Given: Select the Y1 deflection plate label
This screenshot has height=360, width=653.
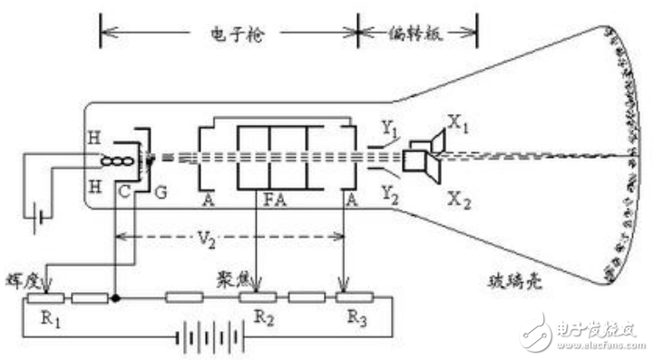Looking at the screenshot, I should click(390, 131).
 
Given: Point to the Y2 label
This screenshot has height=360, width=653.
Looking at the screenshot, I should click(390, 191).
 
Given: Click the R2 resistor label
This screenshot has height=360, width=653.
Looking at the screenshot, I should click(265, 317).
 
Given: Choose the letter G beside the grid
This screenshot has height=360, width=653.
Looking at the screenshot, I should click(163, 191).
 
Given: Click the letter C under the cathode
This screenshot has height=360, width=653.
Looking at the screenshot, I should click(123, 190).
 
